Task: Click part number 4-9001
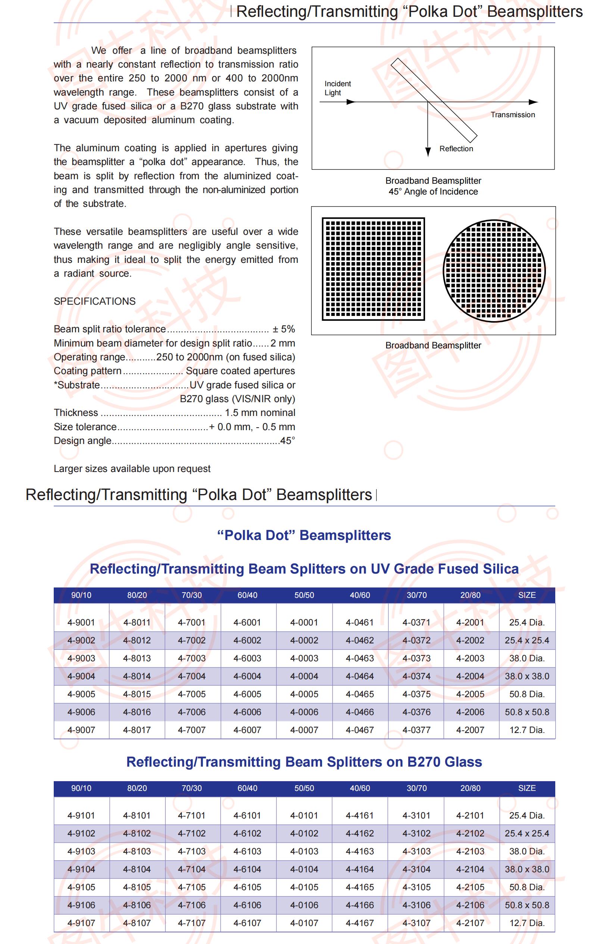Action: pos(81,622)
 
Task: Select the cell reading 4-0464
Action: pos(359,676)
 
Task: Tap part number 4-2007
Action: pos(470,730)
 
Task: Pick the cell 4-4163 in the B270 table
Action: pos(359,851)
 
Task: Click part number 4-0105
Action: pos(304,887)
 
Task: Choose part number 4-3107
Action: pos(416,923)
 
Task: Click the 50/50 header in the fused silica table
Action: pos(304,595)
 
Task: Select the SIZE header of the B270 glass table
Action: pos(527,788)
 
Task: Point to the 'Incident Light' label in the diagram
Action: pos(337,88)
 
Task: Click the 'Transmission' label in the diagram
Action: pos(512,115)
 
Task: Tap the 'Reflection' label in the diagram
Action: pos(456,149)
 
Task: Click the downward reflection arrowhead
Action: pos(428,152)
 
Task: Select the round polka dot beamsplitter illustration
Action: pos(494,271)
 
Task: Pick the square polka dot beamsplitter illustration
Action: pos(373,269)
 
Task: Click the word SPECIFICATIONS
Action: pos(94,301)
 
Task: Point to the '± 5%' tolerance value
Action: pos(284,329)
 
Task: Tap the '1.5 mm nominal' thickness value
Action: pos(260,413)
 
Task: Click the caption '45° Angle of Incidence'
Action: pos(433,192)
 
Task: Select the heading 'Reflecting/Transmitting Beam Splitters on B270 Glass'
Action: pos(304,762)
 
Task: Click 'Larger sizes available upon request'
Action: pos(132,469)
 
